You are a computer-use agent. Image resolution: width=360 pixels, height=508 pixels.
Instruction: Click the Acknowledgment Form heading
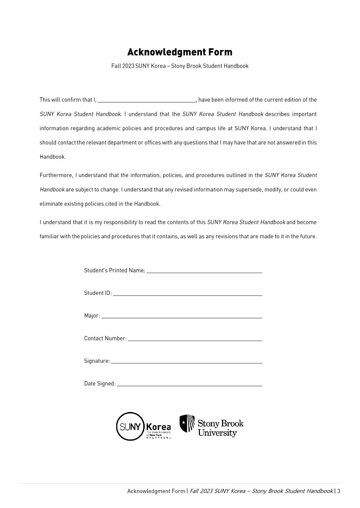click(x=180, y=52)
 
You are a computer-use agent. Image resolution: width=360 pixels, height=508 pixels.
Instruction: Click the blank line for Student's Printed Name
click(x=204, y=272)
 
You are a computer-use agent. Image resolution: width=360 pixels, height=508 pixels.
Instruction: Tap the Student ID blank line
click(x=188, y=295)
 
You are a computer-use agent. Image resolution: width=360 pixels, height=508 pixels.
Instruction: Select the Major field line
click(x=182, y=317)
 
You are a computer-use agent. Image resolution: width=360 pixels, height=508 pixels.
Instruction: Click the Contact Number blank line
click(x=195, y=340)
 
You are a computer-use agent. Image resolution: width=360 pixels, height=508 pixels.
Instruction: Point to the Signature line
click(x=187, y=362)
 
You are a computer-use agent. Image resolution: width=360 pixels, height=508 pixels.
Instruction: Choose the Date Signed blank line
click(x=190, y=385)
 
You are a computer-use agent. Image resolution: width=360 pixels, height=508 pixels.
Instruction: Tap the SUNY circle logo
click(x=130, y=426)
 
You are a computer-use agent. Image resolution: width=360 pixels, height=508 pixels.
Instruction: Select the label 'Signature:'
click(x=97, y=361)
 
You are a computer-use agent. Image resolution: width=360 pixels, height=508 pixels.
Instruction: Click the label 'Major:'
click(x=92, y=316)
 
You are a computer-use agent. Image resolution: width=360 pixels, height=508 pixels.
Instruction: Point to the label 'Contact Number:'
click(x=105, y=338)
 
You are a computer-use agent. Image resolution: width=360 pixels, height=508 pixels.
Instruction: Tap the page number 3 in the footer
click(x=339, y=491)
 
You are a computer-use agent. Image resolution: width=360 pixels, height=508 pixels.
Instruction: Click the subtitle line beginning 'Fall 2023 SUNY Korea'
click(x=180, y=66)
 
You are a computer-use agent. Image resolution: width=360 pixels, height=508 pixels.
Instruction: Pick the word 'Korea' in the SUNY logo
click(x=158, y=427)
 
